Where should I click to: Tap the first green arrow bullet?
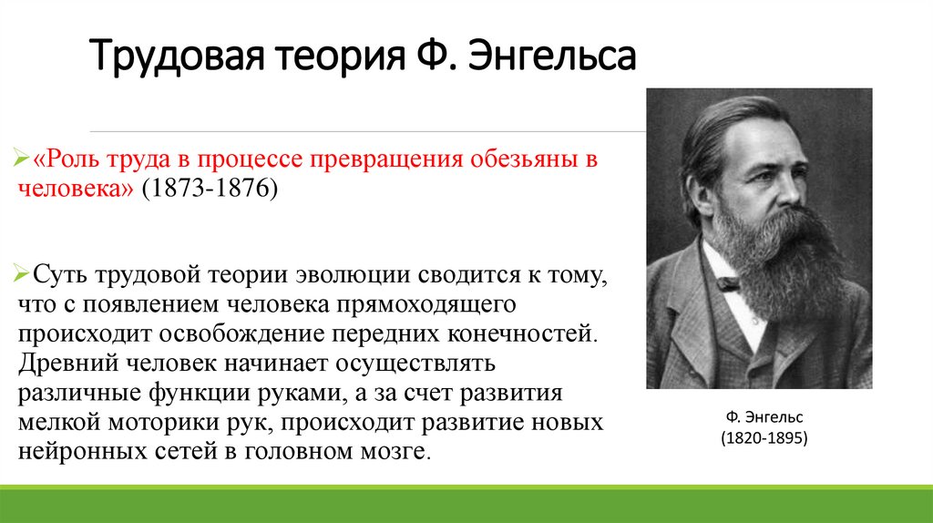(24, 161)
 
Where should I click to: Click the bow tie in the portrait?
(727, 283)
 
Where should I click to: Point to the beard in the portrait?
(784, 260)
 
